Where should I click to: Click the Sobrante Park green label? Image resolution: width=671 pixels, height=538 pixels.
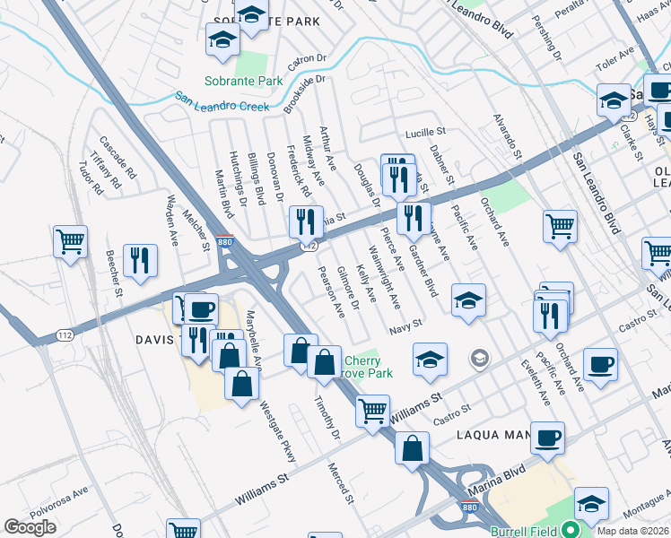point(242,81)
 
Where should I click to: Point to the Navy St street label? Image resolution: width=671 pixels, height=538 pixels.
point(405,331)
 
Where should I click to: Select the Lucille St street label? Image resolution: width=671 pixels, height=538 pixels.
point(424,133)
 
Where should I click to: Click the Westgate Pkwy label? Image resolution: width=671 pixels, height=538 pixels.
point(277,434)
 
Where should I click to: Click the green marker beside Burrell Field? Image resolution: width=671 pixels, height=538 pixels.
point(567,530)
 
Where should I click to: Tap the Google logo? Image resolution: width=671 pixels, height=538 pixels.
point(30,527)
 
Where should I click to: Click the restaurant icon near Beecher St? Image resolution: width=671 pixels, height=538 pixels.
point(139,258)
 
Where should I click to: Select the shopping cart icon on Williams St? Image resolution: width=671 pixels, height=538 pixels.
point(372,410)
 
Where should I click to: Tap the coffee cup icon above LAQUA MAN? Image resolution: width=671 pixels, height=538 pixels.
point(547,437)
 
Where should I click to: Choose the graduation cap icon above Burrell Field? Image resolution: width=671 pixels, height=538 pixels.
point(592,503)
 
